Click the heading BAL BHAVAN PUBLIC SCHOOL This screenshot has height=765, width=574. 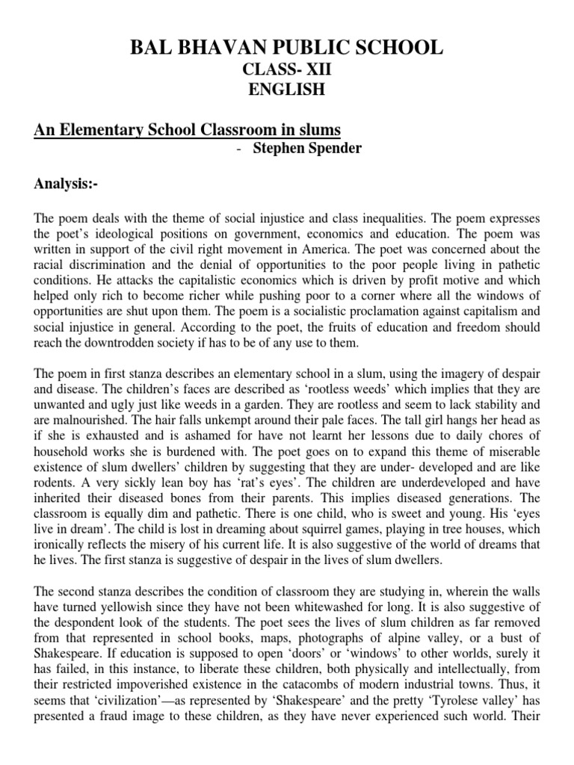coord(286,49)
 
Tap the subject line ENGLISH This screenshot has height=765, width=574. coord(286,90)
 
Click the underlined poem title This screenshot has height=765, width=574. coord(187,130)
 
